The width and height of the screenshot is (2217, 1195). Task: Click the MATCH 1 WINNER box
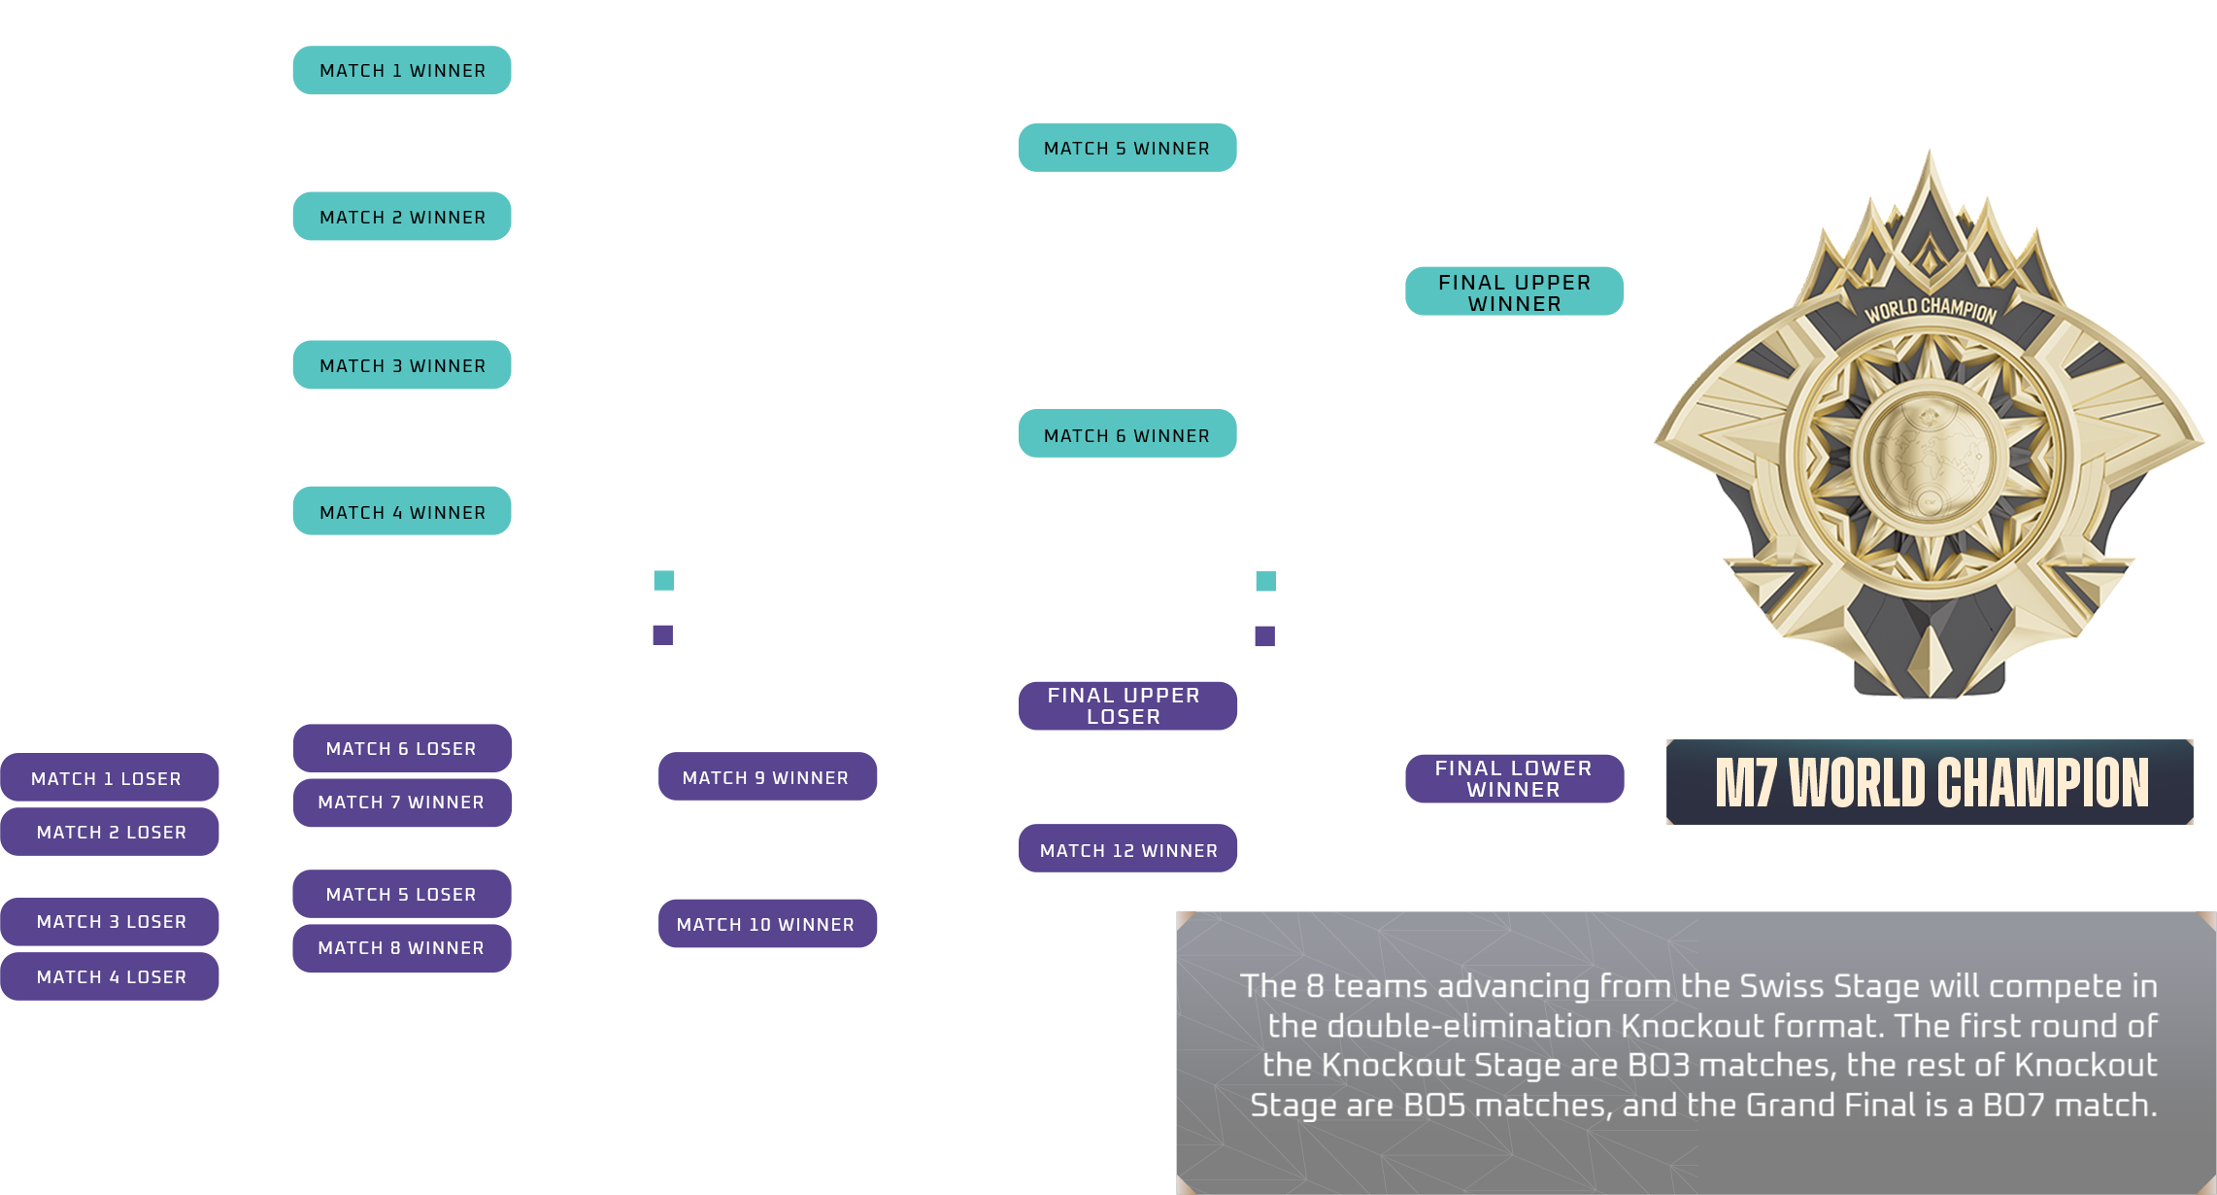pos(402,71)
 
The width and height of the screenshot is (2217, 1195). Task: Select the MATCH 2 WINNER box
pos(402,217)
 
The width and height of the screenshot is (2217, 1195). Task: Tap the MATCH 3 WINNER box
pos(402,365)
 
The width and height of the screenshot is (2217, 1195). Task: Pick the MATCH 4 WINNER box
pos(402,511)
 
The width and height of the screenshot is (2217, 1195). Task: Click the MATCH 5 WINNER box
pos(1126,148)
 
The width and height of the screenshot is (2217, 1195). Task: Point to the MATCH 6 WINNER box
pos(1126,434)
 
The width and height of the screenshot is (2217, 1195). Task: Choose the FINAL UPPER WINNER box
pos(1514,291)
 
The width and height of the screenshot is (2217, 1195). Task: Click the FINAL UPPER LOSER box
pos(1126,705)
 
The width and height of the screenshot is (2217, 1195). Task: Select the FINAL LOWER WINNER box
pos(1514,778)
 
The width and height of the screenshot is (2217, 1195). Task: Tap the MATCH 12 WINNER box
pos(1127,849)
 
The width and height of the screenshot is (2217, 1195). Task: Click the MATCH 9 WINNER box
pos(767,776)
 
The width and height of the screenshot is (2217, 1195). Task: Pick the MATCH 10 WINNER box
pos(767,923)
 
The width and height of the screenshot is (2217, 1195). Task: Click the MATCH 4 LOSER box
pos(110,975)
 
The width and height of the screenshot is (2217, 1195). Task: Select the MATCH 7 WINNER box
pos(402,802)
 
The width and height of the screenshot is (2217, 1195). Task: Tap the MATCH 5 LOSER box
pos(402,894)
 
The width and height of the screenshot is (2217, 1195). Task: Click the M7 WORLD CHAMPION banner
pos(1930,782)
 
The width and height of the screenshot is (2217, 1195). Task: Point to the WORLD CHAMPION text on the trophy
pos(1930,310)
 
